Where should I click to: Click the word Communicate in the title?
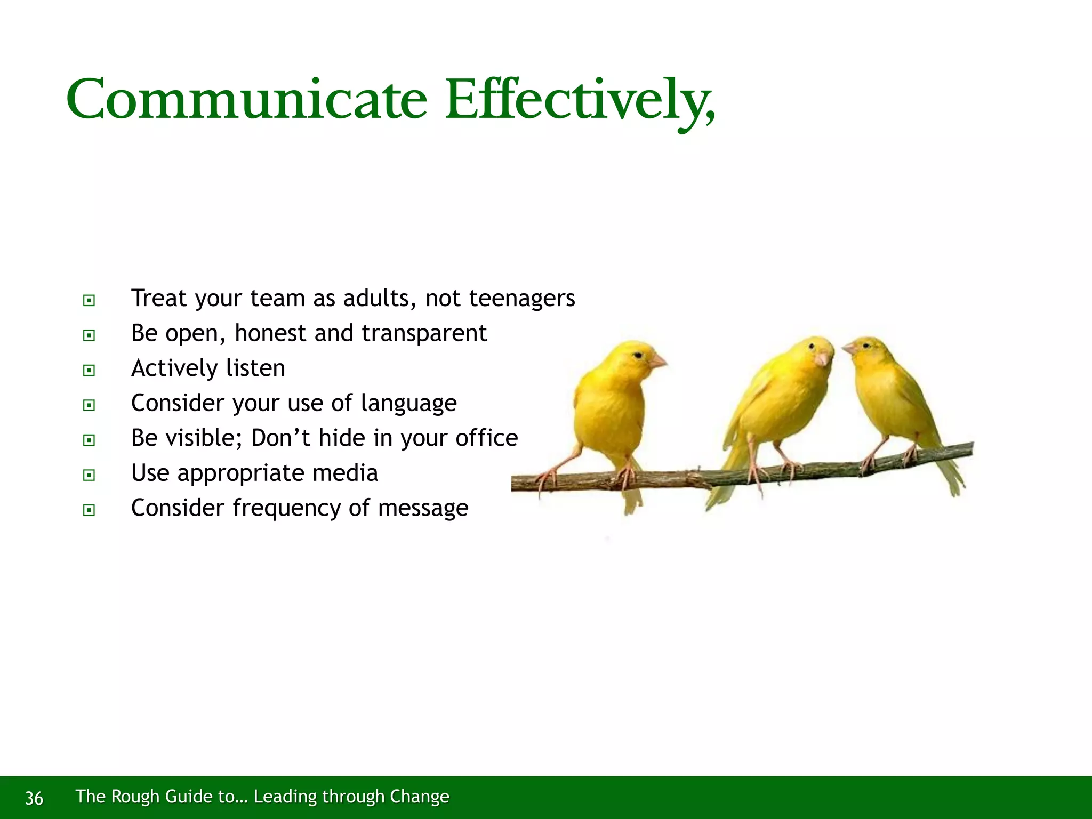click(x=246, y=99)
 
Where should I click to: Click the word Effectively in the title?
click(x=579, y=99)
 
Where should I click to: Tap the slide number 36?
click(x=34, y=798)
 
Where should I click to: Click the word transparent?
click(x=424, y=334)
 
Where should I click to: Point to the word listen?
click(x=255, y=368)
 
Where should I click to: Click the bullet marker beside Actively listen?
click(x=89, y=370)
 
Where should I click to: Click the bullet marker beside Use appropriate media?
click(x=89, y=475)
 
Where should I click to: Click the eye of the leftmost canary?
click(x=638, y=355)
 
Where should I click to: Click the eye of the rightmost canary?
click(x=866, y=346)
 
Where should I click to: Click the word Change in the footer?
click(x=419, y=796)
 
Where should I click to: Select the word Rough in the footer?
click(x=135, y=796)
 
